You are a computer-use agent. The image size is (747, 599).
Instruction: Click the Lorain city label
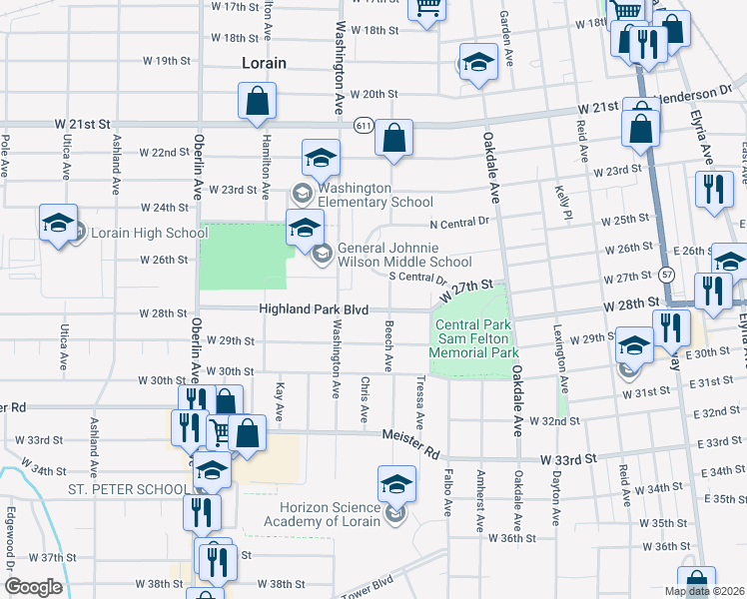coord(264,63)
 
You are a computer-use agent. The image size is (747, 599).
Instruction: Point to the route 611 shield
coord(363,124)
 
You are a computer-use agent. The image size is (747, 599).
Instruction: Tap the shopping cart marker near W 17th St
coord(427,9)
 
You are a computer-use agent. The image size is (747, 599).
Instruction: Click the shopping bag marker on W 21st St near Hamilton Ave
coord(257,102)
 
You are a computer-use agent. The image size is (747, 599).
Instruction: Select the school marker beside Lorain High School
coord(58,223)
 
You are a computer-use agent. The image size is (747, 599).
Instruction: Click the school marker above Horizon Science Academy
coord(396,485)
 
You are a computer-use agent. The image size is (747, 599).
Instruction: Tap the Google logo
coord(33,586)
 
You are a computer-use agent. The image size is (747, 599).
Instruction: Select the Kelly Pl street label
coord(566,201)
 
